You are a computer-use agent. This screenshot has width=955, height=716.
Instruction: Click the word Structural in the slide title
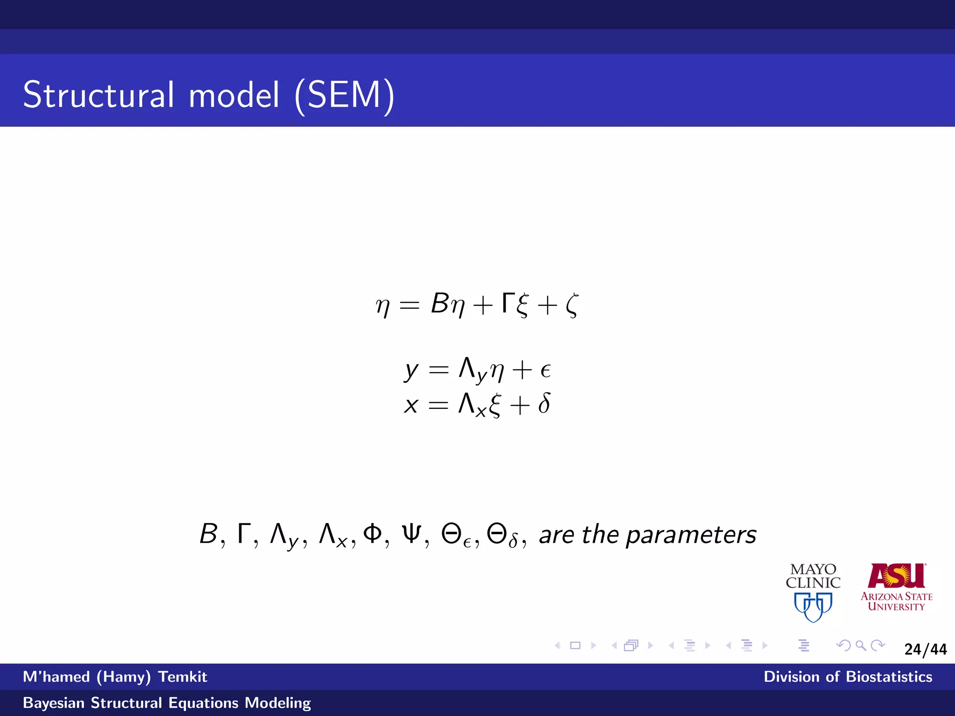tap(99, 95)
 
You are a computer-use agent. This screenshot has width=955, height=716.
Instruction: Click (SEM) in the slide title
tap(345, 95)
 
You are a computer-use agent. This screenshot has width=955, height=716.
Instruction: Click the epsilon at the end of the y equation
tap(545, 371)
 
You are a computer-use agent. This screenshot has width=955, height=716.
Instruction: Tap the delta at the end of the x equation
tap(544, 403)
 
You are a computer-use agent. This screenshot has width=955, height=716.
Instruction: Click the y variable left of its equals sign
tap(411, 371)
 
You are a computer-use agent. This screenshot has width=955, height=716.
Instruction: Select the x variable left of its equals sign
tap(411, 405)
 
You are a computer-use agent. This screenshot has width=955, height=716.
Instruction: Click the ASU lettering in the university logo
tap(896, 576)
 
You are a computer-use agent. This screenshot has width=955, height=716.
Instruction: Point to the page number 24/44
tap(925, 649)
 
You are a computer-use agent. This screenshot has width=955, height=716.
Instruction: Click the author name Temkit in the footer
tap(182, 676)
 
